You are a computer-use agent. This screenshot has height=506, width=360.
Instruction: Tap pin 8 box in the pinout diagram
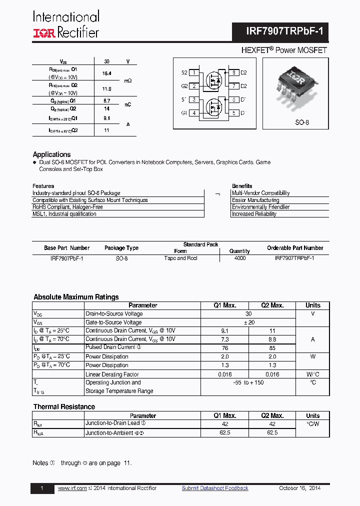pyautogui.click(x=233, y=72)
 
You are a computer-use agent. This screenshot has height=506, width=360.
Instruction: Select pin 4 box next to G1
pyautogui.click(x=193, y=113)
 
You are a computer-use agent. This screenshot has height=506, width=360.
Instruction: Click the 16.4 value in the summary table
pyautogui.click(x=106, y=73)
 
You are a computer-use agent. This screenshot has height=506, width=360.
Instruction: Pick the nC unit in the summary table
pyautogui.click(x=128, y=104)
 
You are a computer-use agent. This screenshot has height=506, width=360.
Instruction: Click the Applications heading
pyautogui.click(x=51, y=154)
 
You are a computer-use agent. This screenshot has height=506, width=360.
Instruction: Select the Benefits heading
pyautogui.click(x=242, y=186)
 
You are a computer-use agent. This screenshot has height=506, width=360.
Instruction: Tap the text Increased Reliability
pyautogui.click(x=254, y=214)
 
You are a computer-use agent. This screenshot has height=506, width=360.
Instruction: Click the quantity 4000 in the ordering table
pyautogui.click(x=239, y=258)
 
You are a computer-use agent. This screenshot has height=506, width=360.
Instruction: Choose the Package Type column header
pyautogui.click(x=121, y=248)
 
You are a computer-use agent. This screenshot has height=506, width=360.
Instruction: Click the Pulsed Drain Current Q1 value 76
pyautogui.click(x=224, y=347)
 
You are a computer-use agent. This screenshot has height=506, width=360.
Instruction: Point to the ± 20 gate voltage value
pyautogui.click(x=248, y=322)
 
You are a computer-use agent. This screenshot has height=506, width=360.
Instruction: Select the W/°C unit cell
pyautogui.click(x=313, y=374)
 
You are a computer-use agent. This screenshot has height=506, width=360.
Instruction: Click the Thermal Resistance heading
pyautogui.click(x=64, y=407)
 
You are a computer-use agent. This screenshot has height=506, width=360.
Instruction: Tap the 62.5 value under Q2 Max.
pyautogui.click(x=272, y=432)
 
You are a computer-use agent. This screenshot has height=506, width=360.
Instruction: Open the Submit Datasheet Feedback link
pyautogui.click(x=215, y=488)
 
